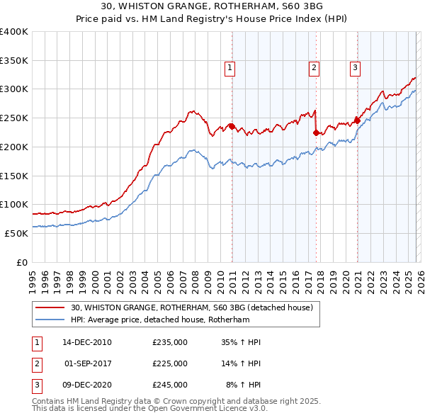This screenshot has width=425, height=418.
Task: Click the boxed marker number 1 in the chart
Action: coord(231,68)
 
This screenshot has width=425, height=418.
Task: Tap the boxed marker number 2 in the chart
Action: coord(314,68)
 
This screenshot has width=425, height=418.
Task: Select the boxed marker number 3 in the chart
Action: coord(355,68)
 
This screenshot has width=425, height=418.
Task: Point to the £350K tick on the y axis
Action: coord(14,60)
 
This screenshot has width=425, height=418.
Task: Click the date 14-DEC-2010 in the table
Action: coord(87,342)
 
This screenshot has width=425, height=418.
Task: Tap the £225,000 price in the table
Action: coord(170,363)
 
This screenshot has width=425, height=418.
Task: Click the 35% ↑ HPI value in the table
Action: coord(241,342)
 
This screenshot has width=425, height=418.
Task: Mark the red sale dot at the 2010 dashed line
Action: coord(232,126)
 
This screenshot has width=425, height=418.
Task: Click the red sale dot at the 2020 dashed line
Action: coord(358,120)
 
